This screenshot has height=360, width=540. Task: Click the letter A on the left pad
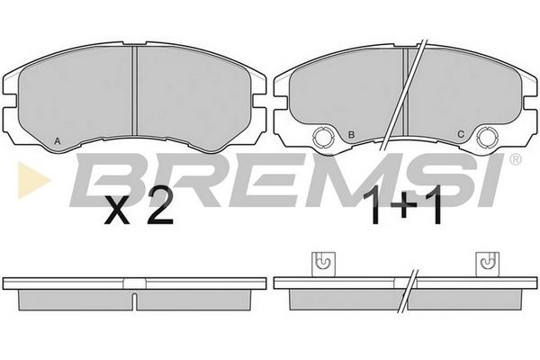pyautogui.click(x=58, y=140)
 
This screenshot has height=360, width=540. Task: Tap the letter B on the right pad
pyautogui.click(x=351, y=135)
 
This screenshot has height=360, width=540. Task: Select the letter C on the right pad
pyautogui.click(x=461, y=134)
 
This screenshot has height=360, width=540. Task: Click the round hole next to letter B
pyautogui.click(x=323, y=137)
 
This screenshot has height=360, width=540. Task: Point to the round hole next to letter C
pyautogui.click(x=487, y=137)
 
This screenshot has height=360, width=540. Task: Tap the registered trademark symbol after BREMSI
pyautogui.click(x=515, y=159)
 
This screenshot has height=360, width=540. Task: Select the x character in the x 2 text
pyautogui.click(x=117, y=210)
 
